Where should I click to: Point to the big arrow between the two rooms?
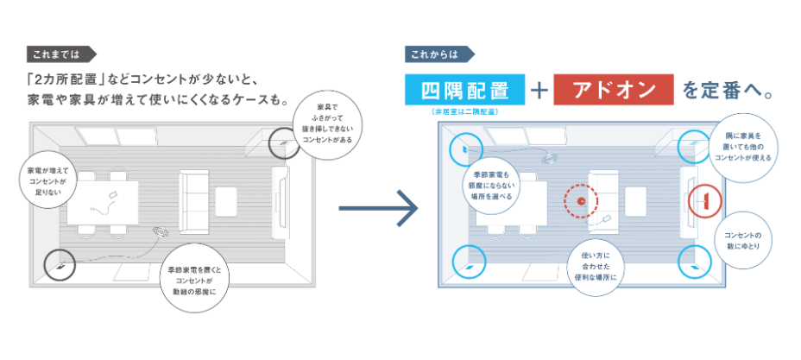(377, 208)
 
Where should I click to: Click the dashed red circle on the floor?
(580, 202)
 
